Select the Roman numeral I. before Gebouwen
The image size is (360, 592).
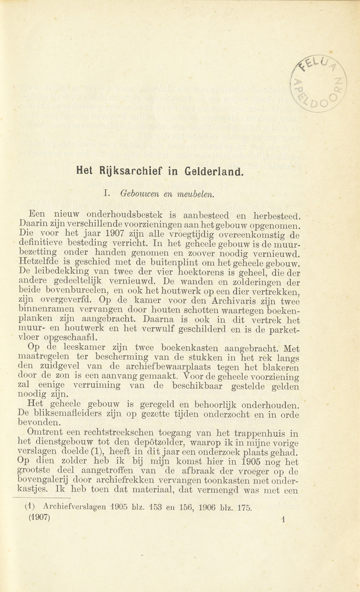click(x=108, y=193)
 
